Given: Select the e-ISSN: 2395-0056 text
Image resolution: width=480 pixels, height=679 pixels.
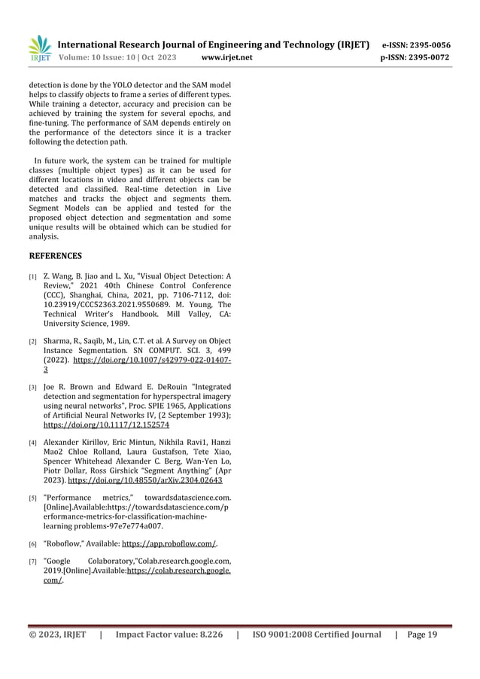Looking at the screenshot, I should pyautogui.click(x=417, y=45).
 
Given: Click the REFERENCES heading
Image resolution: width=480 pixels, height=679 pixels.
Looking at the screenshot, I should pyautogui.click(x=55, y=256).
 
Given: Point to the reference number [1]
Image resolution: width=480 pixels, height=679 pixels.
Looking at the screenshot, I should pyautogui.click(x=33, y=277).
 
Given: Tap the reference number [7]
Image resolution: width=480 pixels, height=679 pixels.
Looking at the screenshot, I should pyautogui.click(x=33, y=562).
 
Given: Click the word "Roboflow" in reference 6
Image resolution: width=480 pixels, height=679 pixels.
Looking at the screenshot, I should pyautogui.click(x=65, y=543).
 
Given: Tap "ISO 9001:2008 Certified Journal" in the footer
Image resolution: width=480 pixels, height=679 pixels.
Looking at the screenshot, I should pyautogui.click(x=317, y=635).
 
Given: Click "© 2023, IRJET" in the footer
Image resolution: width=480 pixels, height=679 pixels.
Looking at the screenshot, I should pyautogui.click(x=58, y=635).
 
